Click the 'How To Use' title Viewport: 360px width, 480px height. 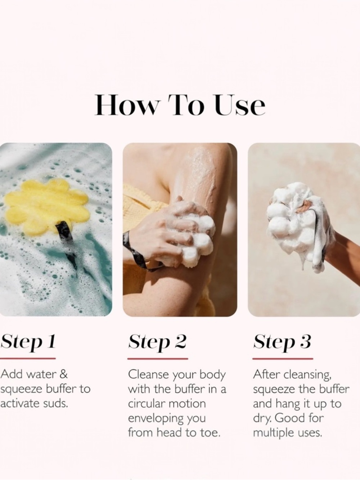180,105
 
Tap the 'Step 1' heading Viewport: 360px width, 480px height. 28,342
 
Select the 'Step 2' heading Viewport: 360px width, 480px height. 157,342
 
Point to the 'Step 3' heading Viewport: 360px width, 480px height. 282,342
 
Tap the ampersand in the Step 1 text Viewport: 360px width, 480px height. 63,374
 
